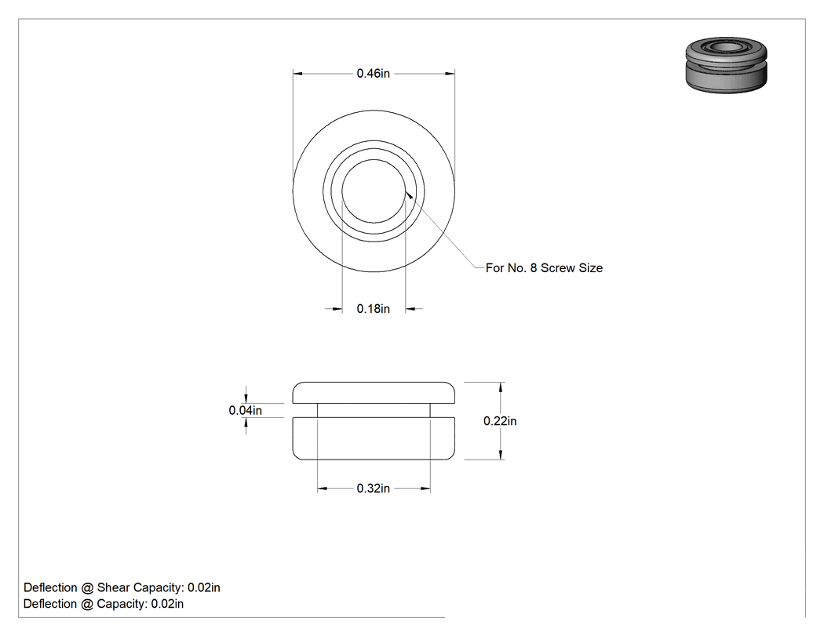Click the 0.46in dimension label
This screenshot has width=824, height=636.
373,74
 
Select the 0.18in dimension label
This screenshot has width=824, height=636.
373,309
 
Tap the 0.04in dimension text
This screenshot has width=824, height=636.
246,410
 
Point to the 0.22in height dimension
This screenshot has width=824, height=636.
500,421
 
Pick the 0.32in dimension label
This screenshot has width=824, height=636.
373,489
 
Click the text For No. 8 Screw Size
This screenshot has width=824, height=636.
544,268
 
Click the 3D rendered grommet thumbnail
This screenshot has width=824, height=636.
726,65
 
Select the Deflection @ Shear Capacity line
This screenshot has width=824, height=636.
122,587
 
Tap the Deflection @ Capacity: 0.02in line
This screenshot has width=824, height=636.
104,604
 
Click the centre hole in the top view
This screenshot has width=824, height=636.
374,191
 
